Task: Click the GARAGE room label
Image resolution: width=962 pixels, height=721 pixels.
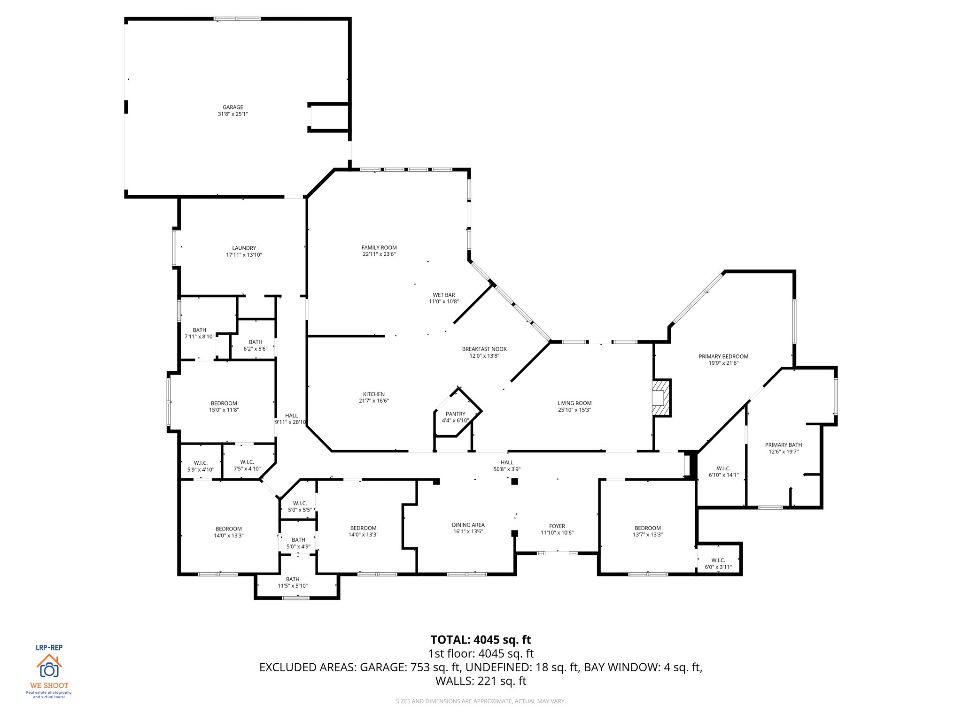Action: tap(233, 107)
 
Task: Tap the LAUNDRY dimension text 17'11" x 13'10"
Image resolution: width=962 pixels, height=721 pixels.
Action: tap(244, 255)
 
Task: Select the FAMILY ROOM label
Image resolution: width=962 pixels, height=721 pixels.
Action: tap(379, 247)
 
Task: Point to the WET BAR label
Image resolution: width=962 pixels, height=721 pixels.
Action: tap(443, 295)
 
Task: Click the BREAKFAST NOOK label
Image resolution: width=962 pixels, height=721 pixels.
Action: tap(484, 349)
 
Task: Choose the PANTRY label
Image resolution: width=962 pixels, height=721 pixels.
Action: tap(455, 414)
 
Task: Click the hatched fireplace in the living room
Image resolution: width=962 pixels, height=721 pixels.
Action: tap(660, 398)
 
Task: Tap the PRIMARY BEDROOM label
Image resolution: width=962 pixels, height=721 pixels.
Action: tap(723, 356)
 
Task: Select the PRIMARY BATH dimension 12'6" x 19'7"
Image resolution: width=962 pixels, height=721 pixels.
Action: tap(783, 452)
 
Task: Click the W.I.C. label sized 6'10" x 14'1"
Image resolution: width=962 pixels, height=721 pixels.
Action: tap(723, 468)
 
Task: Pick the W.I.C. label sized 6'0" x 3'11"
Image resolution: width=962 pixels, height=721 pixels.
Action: tap(718, 560)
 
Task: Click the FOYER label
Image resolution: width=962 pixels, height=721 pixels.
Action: tap(557, 526)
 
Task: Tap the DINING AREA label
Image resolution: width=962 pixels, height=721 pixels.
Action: tap(468, 525)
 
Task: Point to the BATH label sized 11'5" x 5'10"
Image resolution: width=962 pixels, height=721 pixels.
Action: tap(292, 579)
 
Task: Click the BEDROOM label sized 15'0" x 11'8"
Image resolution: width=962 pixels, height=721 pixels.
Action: tap(224, 403)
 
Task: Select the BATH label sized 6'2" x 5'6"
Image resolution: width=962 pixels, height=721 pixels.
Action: tap(255, 342)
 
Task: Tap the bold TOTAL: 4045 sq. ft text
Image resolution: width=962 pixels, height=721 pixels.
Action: tap(481, 640)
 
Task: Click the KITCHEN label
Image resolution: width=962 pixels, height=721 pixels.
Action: tap(373, 394)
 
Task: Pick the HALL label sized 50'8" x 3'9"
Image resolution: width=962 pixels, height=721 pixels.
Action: tap(507, 462)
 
